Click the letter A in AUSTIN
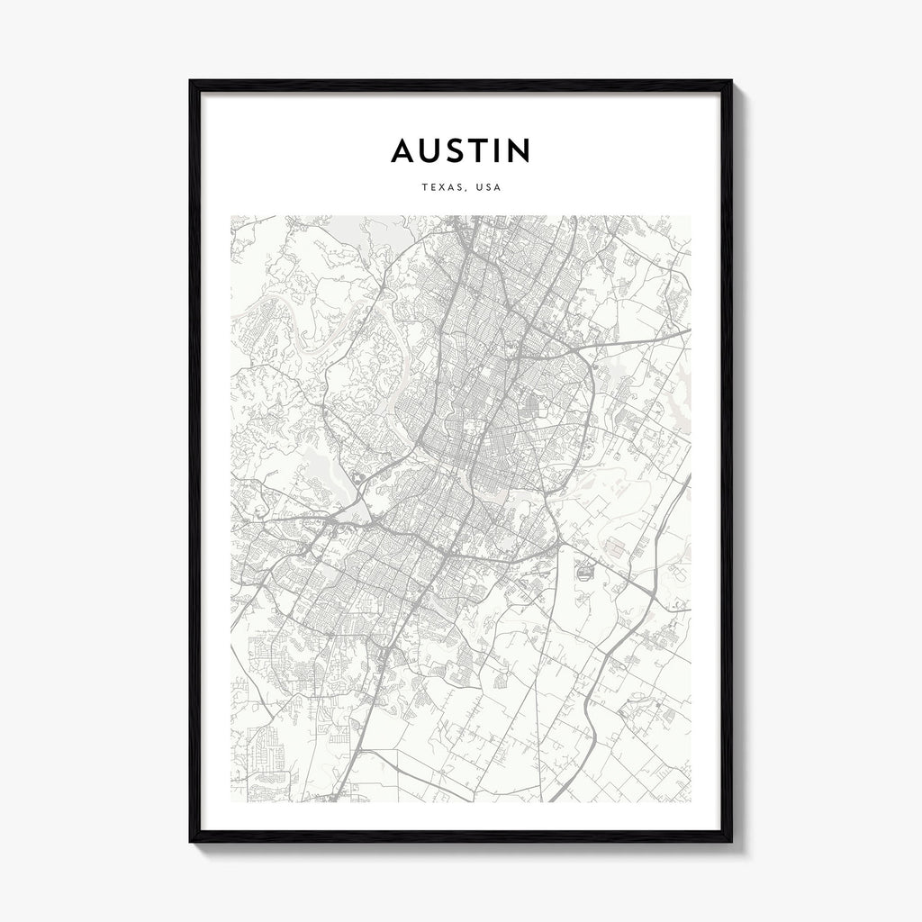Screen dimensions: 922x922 [x=404, y=151]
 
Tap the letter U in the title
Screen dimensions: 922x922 [x=433, y=151]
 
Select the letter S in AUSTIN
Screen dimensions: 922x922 [x=459, y=151]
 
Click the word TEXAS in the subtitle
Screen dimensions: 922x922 [x=438, y=188]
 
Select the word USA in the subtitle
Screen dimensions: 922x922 [x=489, y=188]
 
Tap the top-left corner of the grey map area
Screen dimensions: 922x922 [x=231, y=216]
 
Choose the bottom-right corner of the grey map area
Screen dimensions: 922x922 [x=691, y=801]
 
